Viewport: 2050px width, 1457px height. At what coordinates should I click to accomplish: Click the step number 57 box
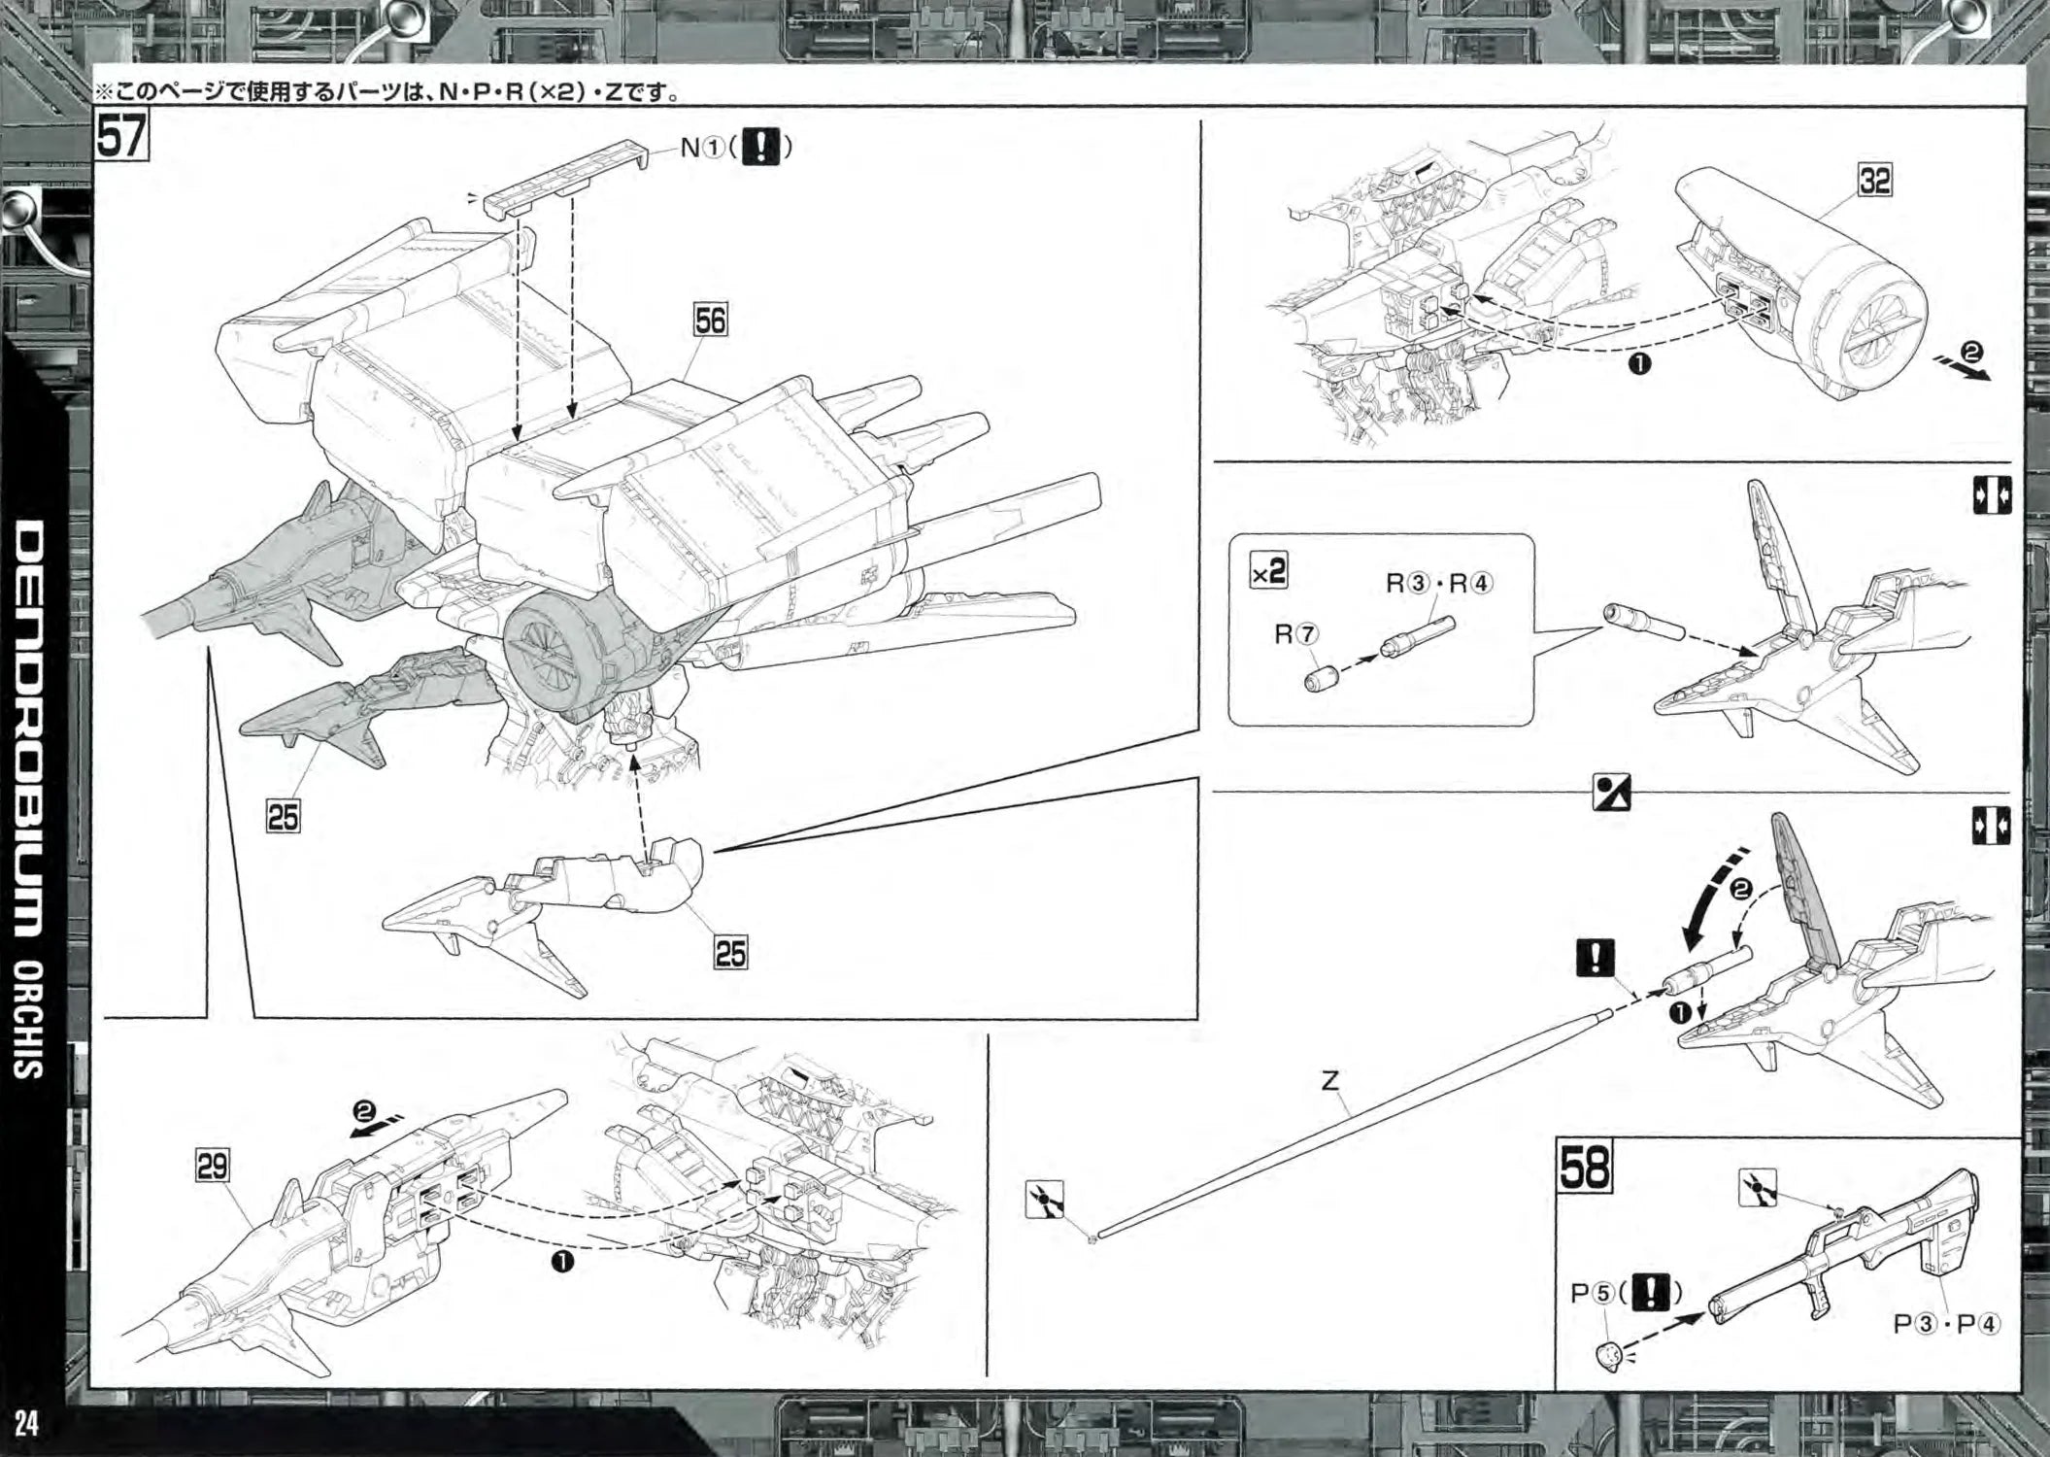click(x=120, y=135)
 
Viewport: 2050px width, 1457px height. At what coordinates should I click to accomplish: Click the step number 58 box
click(x=1585, y=1166)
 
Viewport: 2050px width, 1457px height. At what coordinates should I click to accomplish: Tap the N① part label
click(x=699, y=148)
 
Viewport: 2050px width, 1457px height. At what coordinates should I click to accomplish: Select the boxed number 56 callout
click(x=710, y=321)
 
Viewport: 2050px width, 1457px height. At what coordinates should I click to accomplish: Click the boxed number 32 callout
click(x=1874, y=181)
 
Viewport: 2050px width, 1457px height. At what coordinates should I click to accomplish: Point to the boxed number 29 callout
click(x=213, y=1165)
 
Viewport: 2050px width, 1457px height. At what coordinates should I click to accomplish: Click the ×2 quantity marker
click(x=1268, y=572)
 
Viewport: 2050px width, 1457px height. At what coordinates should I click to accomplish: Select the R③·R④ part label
click(x=1439, y=583)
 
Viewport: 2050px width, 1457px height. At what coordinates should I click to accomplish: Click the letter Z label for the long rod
click(x=1329, y=1079)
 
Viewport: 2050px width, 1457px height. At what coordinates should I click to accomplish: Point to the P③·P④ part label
click(x=1947, y=1323)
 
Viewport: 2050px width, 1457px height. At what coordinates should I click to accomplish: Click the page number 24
click(x=26, y=1425)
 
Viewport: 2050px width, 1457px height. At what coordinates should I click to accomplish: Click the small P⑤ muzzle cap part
click(x=1608, y=1354)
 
